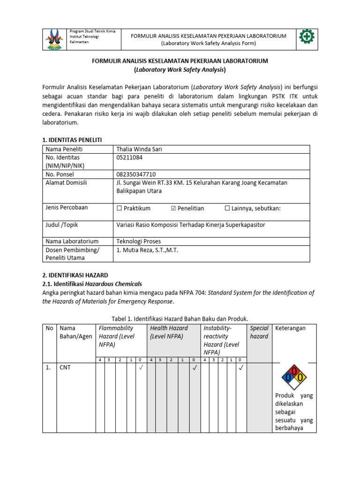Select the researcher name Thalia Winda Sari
139,149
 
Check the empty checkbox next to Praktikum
119,208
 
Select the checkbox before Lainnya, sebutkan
227,208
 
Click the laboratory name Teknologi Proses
139,241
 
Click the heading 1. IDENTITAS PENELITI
72,140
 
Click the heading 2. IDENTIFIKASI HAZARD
75,275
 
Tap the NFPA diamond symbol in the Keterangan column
294,377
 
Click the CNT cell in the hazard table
65,368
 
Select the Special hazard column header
259,332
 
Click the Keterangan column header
290,328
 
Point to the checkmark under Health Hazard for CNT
194,368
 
